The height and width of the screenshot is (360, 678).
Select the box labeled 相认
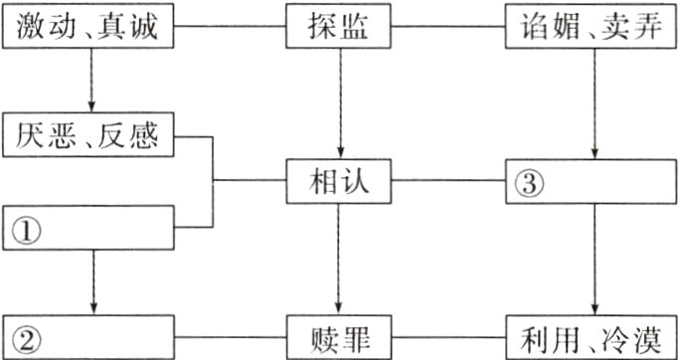point(340,182)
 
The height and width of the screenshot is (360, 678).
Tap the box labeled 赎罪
point(340,334)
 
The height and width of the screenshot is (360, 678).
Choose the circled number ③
point(527,183)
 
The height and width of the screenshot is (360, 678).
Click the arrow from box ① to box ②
point(91,282)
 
